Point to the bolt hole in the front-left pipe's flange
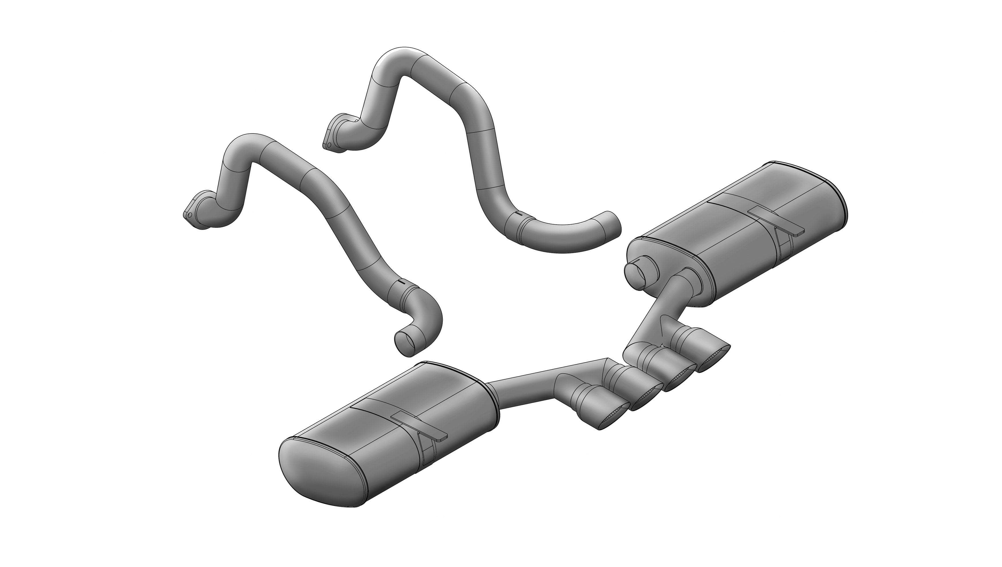pyautogui.click(x=189, y=214)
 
